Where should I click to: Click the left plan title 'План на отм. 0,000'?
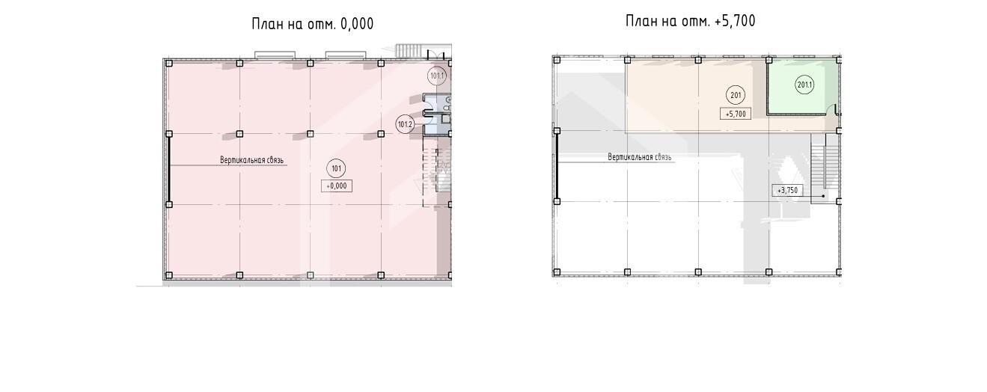[x=312, y=24]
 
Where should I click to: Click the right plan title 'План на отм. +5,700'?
[x=691, y=21]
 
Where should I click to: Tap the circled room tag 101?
[x=336, y=168]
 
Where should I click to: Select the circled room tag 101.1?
[x=437, y=76]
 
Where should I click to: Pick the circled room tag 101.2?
[x=405, y=124]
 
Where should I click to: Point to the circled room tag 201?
[x=736, y=95]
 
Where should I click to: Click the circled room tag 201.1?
[x=804, y=85]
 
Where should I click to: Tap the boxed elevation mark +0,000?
[x=337, y=186]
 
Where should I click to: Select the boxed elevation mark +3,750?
[x=787, y=191]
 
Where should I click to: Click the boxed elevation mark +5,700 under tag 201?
[x=736, y=114]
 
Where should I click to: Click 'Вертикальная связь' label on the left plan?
[x=251, y=160]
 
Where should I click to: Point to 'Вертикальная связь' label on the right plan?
[x=640, y=157]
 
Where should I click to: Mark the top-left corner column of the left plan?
[x=169, y=64]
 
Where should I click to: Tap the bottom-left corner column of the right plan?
[x=557, y=272]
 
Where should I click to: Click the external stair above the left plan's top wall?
[x=410, y=51]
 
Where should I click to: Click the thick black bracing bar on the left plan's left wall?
[x=169, y=169]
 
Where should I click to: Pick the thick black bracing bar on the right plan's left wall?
[x=557, y=166]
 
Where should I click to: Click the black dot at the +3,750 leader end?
[x=823, y=196]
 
